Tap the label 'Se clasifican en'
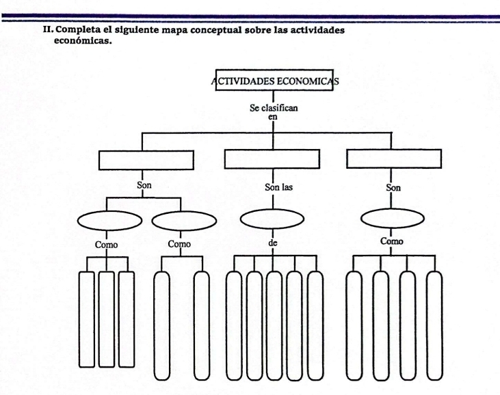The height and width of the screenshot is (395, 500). (x=274, y=112)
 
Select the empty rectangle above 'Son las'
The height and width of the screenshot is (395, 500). (x=272, y=159)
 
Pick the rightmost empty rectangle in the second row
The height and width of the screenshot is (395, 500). (x=391, y=159)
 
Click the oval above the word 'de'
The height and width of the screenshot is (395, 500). (x=272, y=219)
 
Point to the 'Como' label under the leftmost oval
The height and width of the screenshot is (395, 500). (x=107, y=244)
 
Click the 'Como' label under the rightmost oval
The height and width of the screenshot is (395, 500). (x=393, y=241)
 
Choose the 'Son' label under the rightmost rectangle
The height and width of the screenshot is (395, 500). (x=393, y=186)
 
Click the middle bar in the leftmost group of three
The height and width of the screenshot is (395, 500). (x=105, y=318)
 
